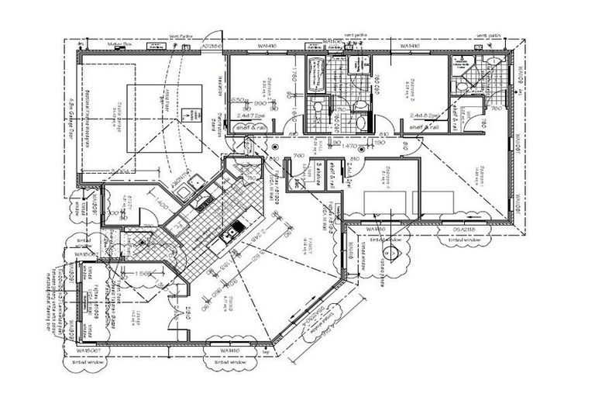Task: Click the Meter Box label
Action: coord(122,46)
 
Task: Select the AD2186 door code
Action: coord(211,47)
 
